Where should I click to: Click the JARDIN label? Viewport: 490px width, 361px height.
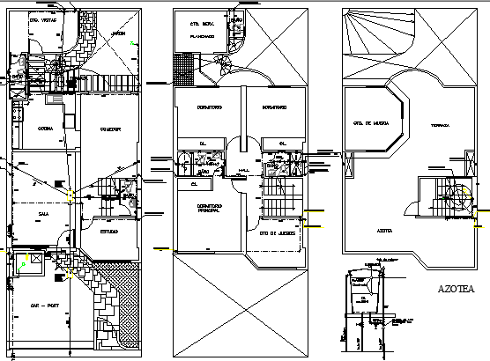click(118, 34)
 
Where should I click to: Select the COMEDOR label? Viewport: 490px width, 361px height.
click(108, 129)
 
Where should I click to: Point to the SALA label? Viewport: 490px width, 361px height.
click(42, 212)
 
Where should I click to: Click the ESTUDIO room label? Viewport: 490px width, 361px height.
click(109, 232)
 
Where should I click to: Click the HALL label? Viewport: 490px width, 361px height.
click(244, 172)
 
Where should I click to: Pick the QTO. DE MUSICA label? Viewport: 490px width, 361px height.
click(371, 122)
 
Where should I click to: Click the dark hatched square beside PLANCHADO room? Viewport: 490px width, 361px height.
click(186, 66)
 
